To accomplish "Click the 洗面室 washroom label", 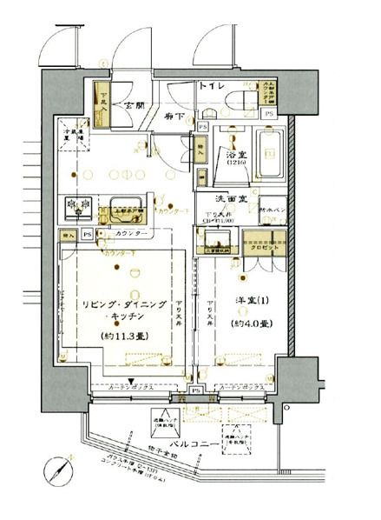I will tap(233, 197).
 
